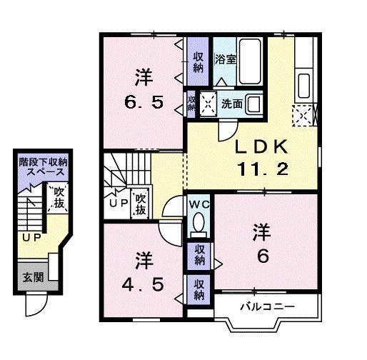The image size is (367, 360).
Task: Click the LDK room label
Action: point(262,147)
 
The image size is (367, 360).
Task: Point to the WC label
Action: point(198,203)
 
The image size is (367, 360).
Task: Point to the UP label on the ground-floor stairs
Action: point(29,237)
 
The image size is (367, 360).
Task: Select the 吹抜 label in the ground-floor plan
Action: point(56,199)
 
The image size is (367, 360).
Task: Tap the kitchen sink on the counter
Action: point(302,80)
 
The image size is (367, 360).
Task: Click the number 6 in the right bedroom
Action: point(262,256)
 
